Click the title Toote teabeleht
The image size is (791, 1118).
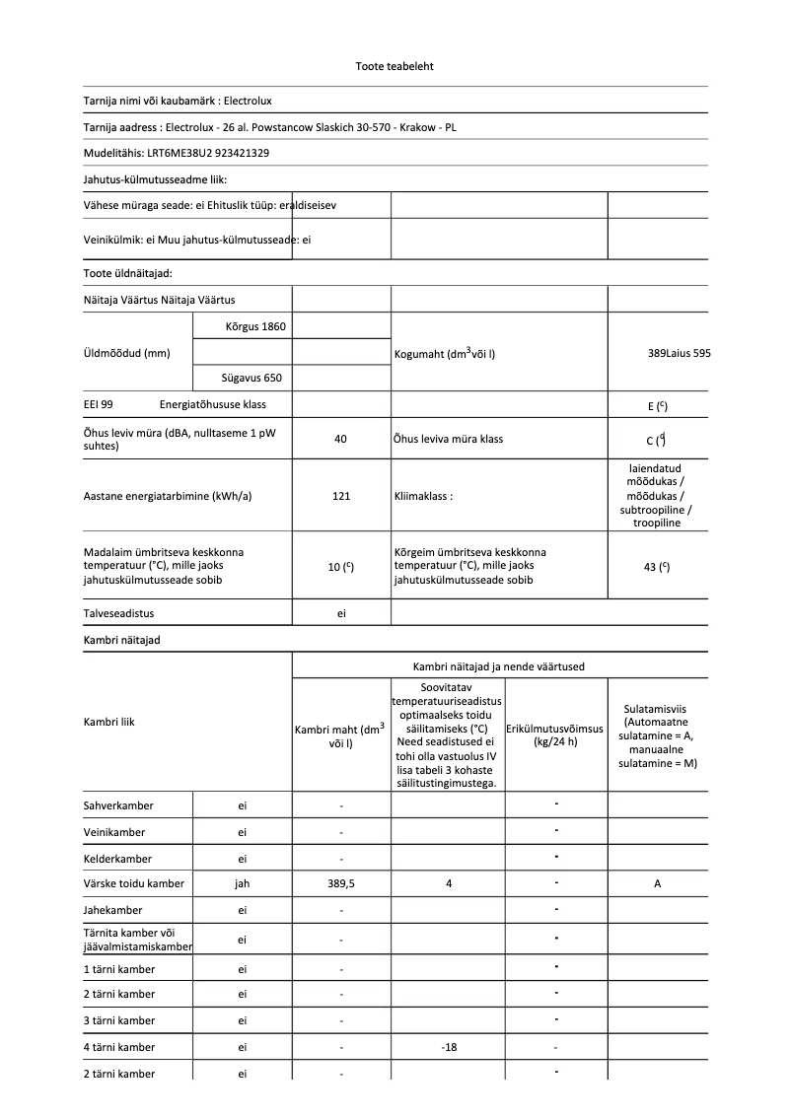[x=395, y=67]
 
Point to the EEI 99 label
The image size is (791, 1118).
[x=99, y=404]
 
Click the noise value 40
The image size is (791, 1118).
[x=341, y=439]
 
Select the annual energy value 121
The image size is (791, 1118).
[x=341, y=496]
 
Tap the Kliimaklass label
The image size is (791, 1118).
[x=423, y=496]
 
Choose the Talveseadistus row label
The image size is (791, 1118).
[x=118, y=613]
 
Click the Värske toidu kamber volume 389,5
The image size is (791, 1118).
[x=341, y=884]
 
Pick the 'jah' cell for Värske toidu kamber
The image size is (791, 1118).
[x=243, y=884]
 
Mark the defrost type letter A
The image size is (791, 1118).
[x=657, y=884]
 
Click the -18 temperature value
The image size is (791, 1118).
[x=449, y=1047]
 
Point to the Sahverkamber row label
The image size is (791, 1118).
[x=118, y=805]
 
